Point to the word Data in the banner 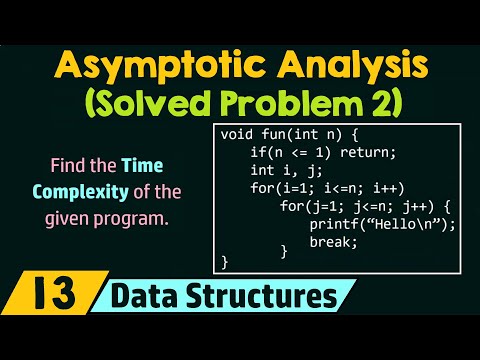[x=145, y=298]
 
